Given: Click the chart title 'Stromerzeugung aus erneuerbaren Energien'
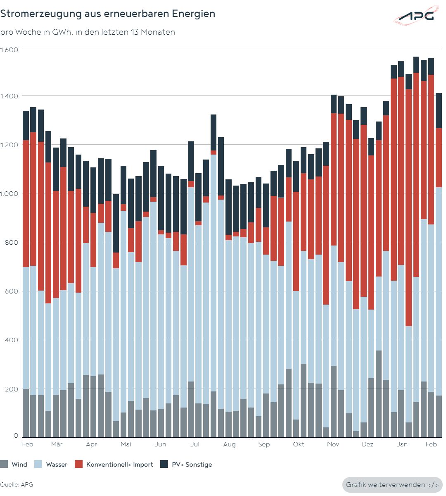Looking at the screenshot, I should (108, 14).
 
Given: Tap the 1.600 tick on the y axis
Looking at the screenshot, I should (9, 50).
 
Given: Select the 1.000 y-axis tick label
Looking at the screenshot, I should (9, 193).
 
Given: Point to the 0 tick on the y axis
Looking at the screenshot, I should (16, 436).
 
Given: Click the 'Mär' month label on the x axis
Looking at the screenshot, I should (57, 444).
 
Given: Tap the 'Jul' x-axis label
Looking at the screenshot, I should (195, 444).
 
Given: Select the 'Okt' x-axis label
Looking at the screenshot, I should (299, 444).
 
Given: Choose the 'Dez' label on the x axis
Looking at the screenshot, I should (368, 444).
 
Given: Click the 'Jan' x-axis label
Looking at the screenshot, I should (402, 444).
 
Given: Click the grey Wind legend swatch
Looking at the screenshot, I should (4, 464).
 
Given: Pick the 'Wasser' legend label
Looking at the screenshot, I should (57, 465).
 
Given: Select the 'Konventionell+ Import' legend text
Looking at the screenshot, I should (120, 465).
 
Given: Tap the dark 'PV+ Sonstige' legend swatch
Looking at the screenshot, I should (164, 464).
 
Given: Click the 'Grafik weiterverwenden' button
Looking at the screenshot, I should (392, 485).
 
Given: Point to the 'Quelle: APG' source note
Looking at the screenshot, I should (17, 485).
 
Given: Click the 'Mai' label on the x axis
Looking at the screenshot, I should (126, 444).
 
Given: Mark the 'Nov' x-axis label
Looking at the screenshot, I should (333, 444).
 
